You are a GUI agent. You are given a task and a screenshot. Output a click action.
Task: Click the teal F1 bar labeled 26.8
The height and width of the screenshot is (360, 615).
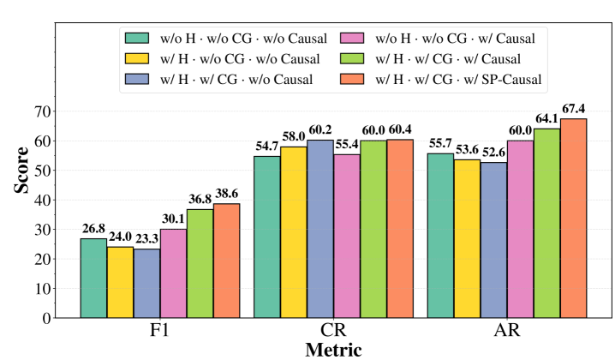[x=93, y=278]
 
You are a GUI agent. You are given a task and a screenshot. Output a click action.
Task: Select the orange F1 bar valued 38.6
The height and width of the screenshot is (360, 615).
[x=226, y=261]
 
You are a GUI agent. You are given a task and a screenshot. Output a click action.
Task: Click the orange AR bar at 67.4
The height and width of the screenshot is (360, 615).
[x=571, y=218]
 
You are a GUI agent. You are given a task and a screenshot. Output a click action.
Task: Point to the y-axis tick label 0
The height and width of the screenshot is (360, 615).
[x=45, y=318]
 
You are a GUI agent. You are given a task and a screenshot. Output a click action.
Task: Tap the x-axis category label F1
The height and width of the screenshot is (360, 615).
[x=159, y=332]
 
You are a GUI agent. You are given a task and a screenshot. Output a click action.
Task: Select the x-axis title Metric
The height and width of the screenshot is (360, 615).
[x=332, y=350]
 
